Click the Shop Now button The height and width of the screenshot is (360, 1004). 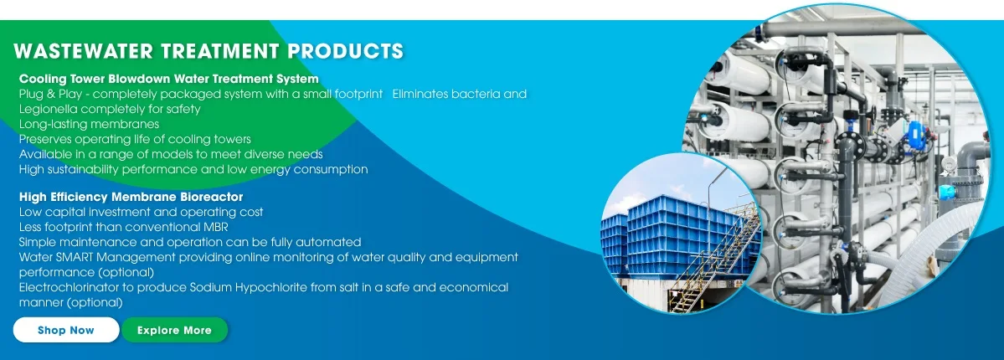pos(66,330)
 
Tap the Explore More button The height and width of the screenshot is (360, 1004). pos(174,330)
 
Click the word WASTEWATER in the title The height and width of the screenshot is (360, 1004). pos(82,50)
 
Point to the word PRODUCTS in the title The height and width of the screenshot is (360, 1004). pos(345,50)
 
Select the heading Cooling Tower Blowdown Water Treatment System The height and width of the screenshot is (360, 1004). pos(169,79)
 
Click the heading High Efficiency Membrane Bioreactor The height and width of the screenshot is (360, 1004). pos(131,197)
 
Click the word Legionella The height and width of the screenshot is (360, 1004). pos(48,110)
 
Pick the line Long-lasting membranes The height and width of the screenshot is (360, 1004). pos(89,124)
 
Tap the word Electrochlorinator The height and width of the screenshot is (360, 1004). pos(72,287)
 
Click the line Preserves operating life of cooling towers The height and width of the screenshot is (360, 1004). pos(135,139)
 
